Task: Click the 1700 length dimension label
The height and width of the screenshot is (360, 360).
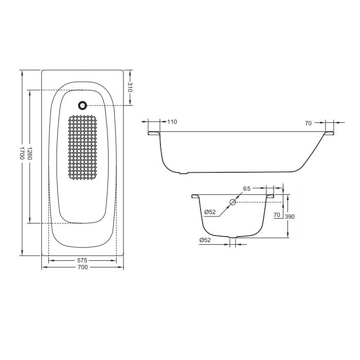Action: coord(22,153)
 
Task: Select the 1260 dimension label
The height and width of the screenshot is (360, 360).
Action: coord(30,153)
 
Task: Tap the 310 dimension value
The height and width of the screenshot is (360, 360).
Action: coord(130,87)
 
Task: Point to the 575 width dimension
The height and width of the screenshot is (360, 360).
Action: coord(82,260)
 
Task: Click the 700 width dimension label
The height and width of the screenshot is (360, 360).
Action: coord(83,267)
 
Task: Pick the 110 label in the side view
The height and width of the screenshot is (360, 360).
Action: coord(172,122)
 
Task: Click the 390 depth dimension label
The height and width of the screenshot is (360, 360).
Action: coord(290,217)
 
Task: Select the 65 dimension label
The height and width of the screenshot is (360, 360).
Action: coord(247,189)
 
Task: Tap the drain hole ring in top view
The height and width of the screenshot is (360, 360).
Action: coord(83,105)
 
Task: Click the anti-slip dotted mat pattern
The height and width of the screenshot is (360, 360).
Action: coord(82,148)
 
